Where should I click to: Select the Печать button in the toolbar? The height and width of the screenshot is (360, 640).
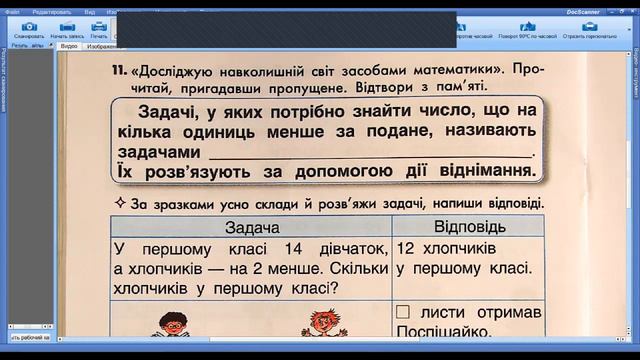pyautogui.click(x=99, y=29)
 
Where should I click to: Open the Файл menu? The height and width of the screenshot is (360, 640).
pyautogui.click(x=12, y=4)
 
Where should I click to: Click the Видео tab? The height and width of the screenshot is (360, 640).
pyautogui.click(x=69, y=46)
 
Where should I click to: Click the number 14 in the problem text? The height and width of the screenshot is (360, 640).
pyautogui.click(x=295, y=248)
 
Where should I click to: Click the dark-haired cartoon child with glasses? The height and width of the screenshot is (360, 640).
pyautogui.click(x=173, y=326)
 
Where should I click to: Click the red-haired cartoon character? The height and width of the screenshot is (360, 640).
pyautogui.click(x=319, y=326)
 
